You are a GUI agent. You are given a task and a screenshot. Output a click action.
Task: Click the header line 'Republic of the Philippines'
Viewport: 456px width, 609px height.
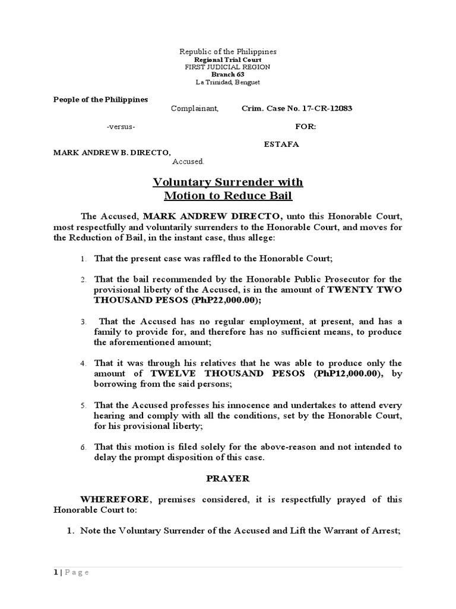[x=228, y=52]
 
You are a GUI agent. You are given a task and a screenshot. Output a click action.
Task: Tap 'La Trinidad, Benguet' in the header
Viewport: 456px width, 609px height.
[x=228, y=82]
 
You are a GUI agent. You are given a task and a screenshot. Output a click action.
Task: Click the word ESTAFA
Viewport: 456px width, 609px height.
[x=282, y=143]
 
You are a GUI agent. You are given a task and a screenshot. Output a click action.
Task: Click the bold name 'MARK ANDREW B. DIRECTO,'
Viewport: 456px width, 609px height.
[x=107, y=152]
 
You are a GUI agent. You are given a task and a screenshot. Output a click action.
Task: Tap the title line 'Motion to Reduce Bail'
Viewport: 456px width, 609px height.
[x=228, y=196]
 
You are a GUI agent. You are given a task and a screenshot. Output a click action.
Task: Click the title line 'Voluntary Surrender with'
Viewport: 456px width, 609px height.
[x=228, y=182]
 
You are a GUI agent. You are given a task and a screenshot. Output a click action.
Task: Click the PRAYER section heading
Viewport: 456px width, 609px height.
[x=228, y=478]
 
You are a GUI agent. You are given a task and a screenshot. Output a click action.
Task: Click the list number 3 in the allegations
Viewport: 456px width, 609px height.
[x=84, y=321]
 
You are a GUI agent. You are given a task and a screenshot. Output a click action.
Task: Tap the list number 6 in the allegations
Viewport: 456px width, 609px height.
[x=84, y=447]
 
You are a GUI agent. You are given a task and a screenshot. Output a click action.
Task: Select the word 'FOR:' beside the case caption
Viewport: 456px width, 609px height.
[x=306, y=127]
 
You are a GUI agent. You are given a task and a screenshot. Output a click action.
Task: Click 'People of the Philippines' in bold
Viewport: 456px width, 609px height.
[x=101, y=99]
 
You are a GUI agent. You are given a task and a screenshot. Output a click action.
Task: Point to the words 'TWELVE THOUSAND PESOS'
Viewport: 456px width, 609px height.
[x=227, y=373]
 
